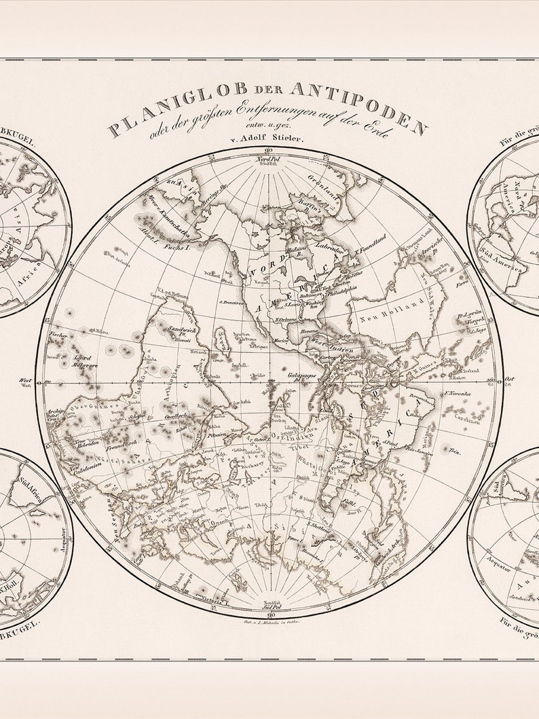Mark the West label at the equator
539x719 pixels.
point(26,381)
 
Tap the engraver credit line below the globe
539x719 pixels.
point(270,621)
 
